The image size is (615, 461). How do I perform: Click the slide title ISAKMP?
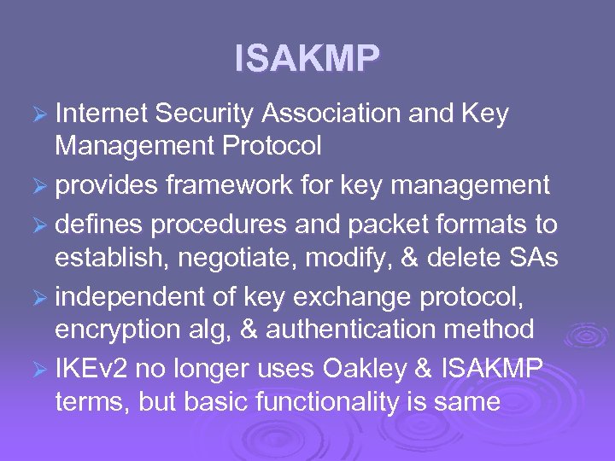point(307,59)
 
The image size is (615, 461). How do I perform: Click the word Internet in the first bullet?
point(101,114)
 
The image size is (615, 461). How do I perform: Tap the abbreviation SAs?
point(538,259)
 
